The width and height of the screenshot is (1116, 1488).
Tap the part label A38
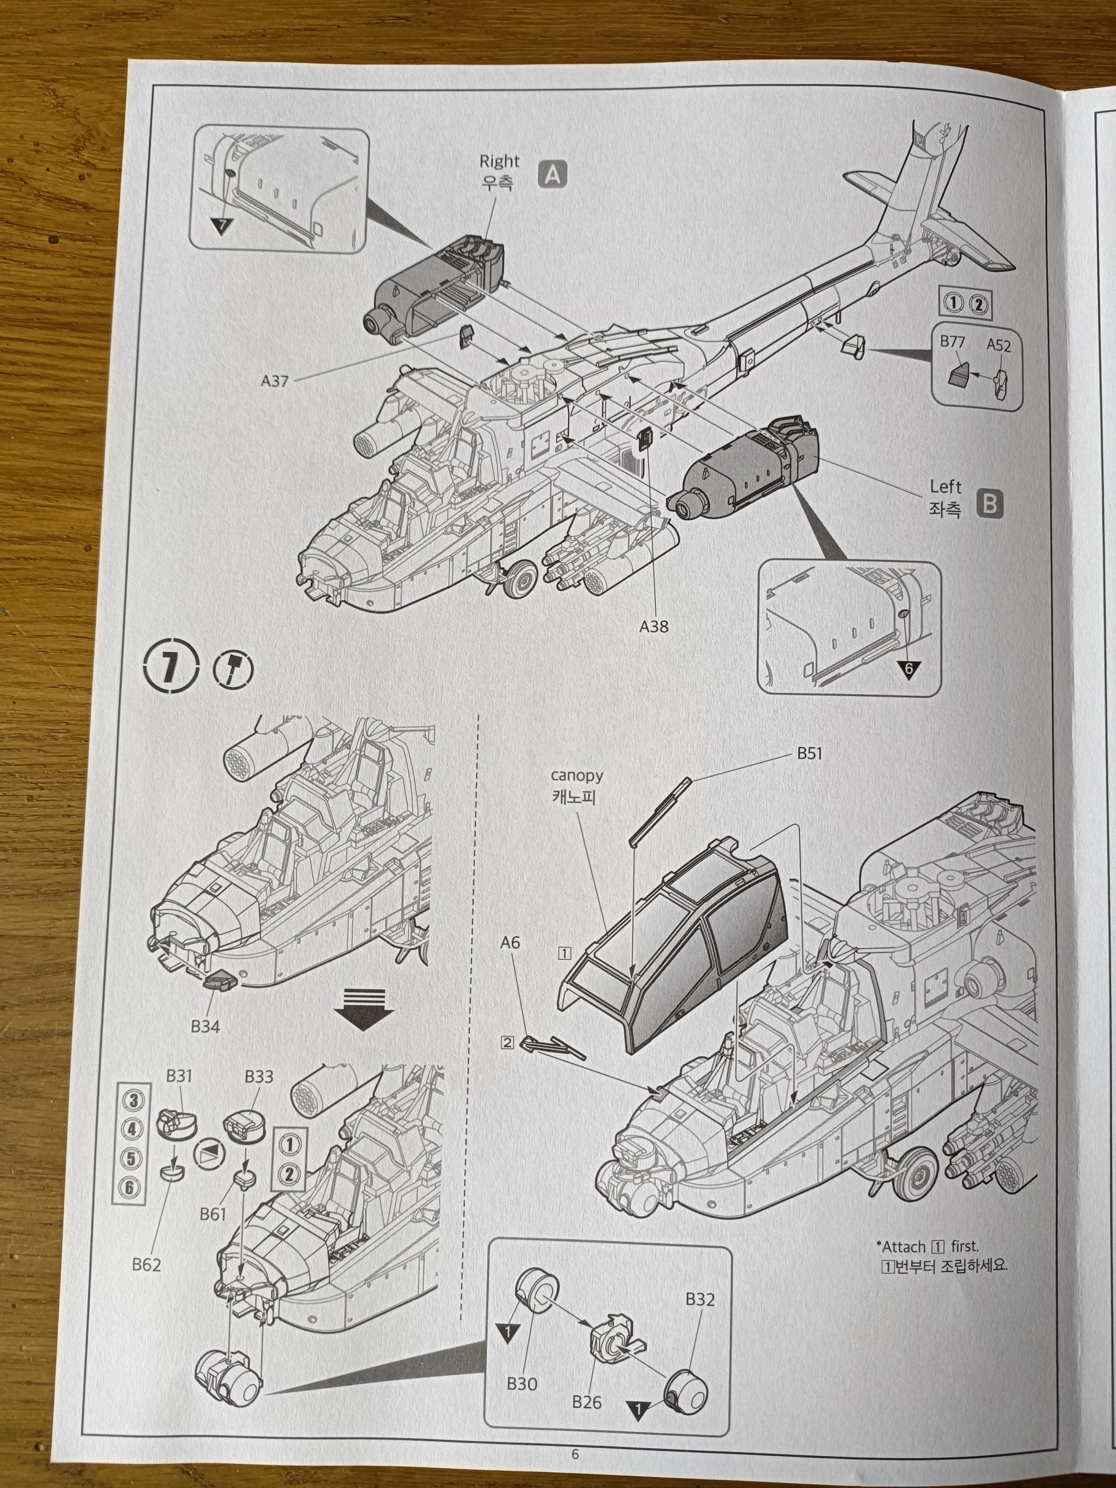(654, 626)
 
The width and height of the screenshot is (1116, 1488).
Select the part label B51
(809, 753)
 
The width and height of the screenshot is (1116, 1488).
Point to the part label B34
(205, 1026)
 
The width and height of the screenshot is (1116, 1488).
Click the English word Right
(499, 162)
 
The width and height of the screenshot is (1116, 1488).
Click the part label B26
(587, 1402)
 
